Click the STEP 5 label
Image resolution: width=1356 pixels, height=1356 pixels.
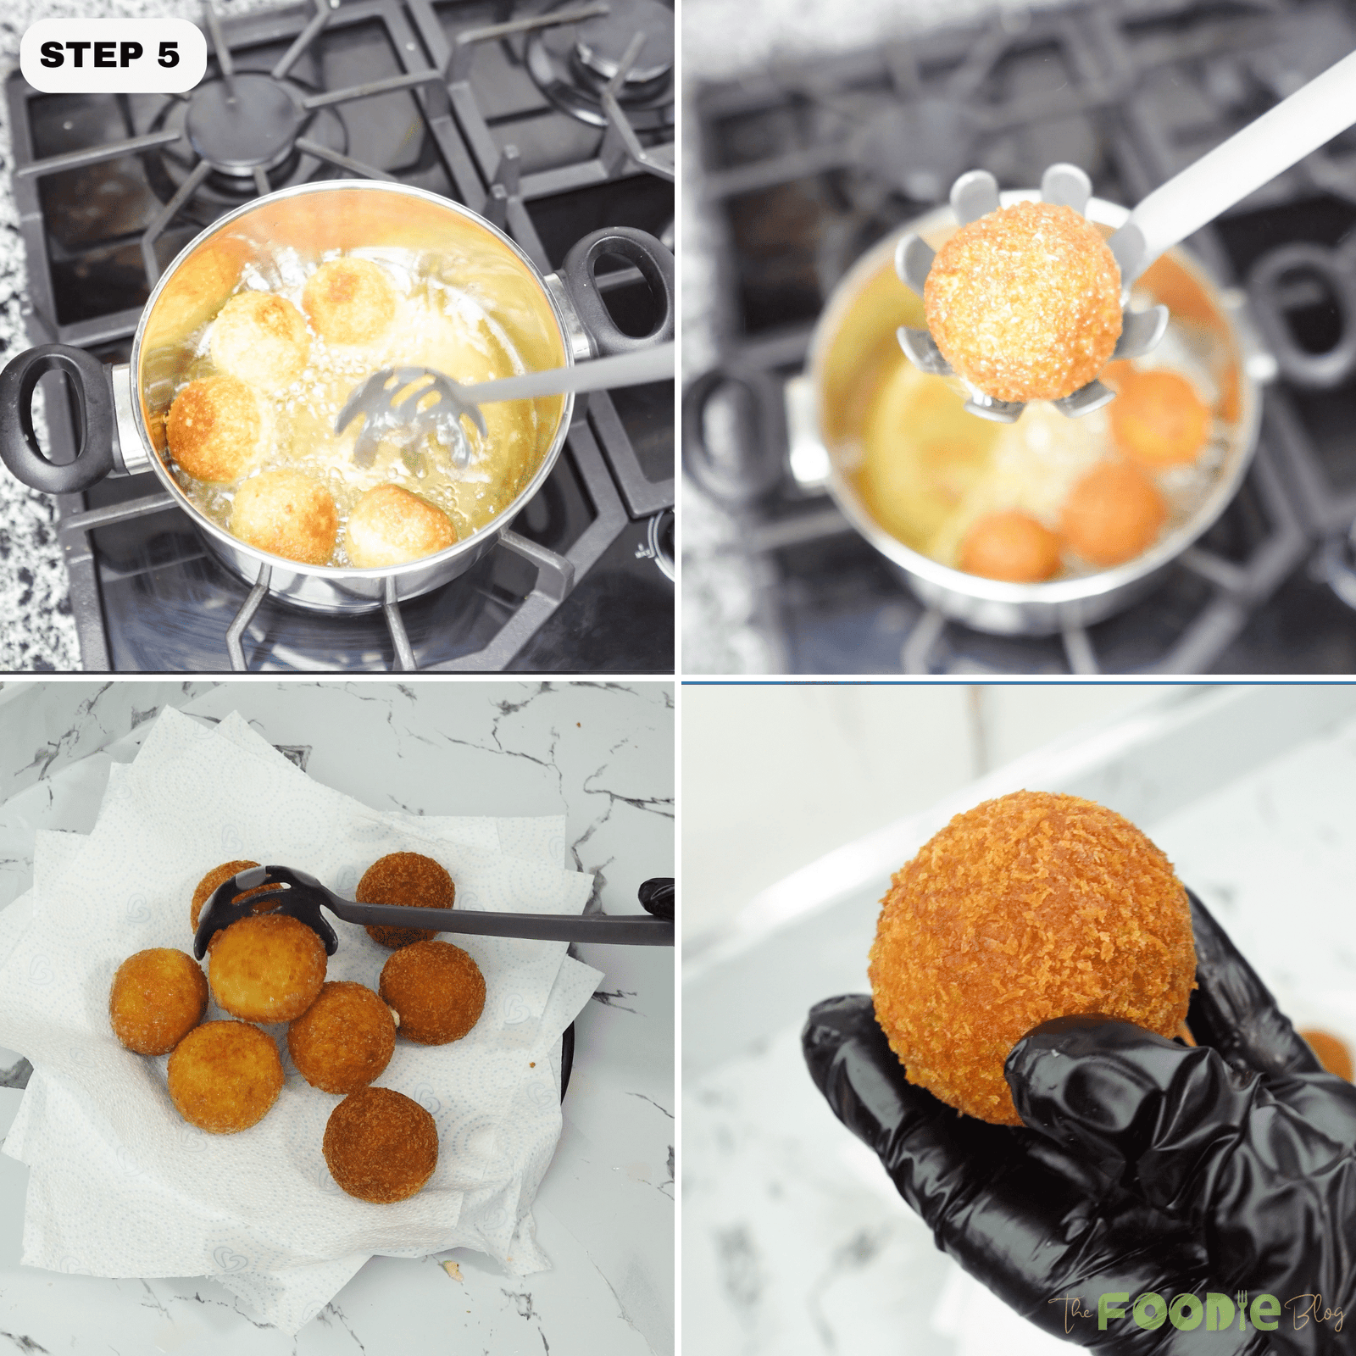[111, 55]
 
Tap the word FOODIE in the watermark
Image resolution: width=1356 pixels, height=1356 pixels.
[1188, 1312]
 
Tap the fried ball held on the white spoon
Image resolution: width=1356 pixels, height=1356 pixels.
[1023, 301]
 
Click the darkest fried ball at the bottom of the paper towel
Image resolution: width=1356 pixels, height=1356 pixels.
[381, 1144]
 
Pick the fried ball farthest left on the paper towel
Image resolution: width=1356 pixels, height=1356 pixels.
[158, 1002]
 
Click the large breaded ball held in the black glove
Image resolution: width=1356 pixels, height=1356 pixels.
[1030, 941]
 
